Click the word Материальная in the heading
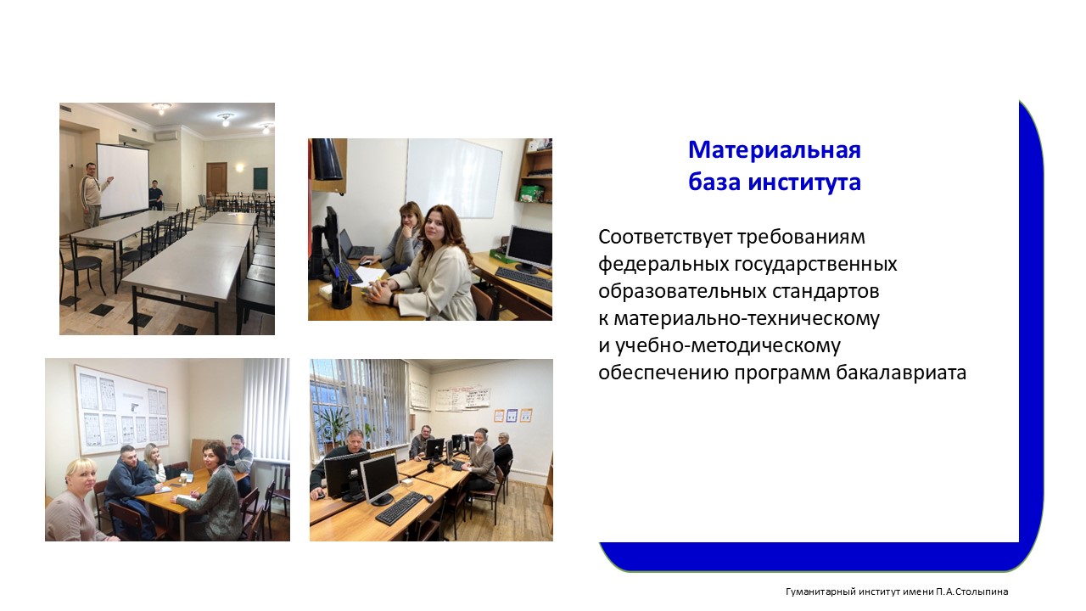click(x=775, y=150)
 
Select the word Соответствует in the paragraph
click(x=666, y=237)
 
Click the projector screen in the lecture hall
click(x=122, y=181)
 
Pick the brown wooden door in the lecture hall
click(x=216, y=179)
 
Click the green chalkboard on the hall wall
click(x=260, y=178)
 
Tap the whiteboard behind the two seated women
click(x=453, y=178)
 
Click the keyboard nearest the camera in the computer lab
click(x=400, y=508)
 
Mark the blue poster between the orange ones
click(x=512, y=416)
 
